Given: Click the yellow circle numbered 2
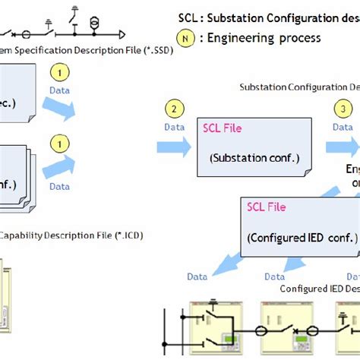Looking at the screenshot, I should point(174,109).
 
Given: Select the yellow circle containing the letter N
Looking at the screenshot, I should point(185,38).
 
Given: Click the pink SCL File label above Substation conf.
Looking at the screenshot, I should point(222,128).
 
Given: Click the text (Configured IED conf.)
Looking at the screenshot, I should point(302,238).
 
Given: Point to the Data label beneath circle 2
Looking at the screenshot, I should point(175,127).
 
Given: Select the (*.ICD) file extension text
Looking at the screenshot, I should point(125,235).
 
